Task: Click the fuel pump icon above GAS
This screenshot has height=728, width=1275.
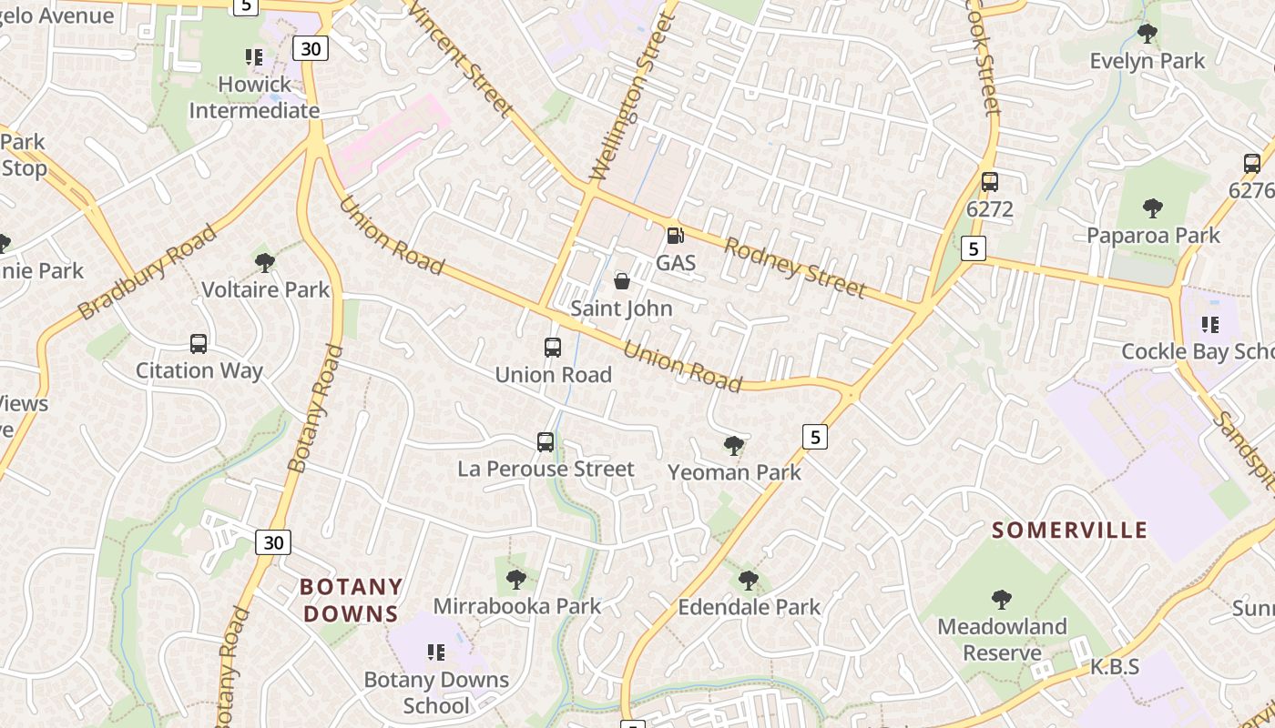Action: [675, 236]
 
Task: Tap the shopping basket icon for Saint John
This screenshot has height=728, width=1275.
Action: [622, 281]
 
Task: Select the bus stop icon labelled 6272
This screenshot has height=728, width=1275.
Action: [990, 182]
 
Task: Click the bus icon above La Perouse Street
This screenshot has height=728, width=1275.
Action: [546, 442]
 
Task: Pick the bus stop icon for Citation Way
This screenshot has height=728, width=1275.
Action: [199, 344]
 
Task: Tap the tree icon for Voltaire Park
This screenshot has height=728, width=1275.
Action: [265, 263]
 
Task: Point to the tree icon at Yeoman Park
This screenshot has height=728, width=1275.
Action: [734, 445]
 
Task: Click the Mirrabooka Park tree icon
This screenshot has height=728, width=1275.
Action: [516, 579]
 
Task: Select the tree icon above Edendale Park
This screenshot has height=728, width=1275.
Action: [749, 580]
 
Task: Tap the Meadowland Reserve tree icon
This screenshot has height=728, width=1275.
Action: [1002, 600]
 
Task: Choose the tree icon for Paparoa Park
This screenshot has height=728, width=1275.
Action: [1153, 208]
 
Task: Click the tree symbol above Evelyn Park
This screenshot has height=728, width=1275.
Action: [1147, 34]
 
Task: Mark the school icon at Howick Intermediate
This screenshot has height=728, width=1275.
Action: [254, 57]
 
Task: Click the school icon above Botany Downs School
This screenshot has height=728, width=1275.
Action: [436, 652]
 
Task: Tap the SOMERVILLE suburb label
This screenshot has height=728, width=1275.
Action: [1069, 530]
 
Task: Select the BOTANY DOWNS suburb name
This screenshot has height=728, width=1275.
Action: [351, 600]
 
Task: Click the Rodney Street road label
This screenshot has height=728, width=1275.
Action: [794, 268]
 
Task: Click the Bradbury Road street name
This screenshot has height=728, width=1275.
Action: [148, 272]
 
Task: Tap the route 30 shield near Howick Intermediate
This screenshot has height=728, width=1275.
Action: [311, 48]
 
